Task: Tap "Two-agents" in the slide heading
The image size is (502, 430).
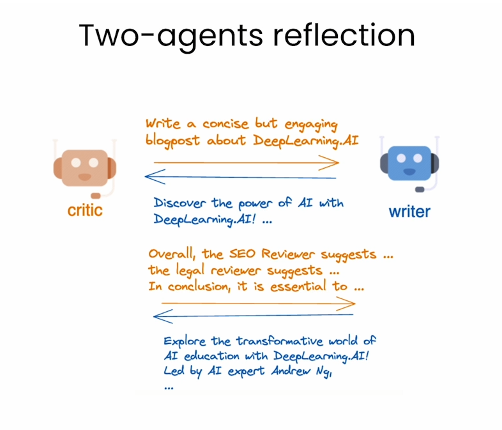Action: [x=164, y=36]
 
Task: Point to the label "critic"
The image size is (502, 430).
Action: [x=85, y=210]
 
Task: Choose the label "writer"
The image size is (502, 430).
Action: [x=409, y=211]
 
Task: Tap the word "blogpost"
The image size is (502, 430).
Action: [x=171, y=141]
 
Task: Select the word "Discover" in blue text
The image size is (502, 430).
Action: [x=181, y=203]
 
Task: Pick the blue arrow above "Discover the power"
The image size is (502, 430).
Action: [x=242, y=174]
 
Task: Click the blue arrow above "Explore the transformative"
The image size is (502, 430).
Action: [x=255, y=314]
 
